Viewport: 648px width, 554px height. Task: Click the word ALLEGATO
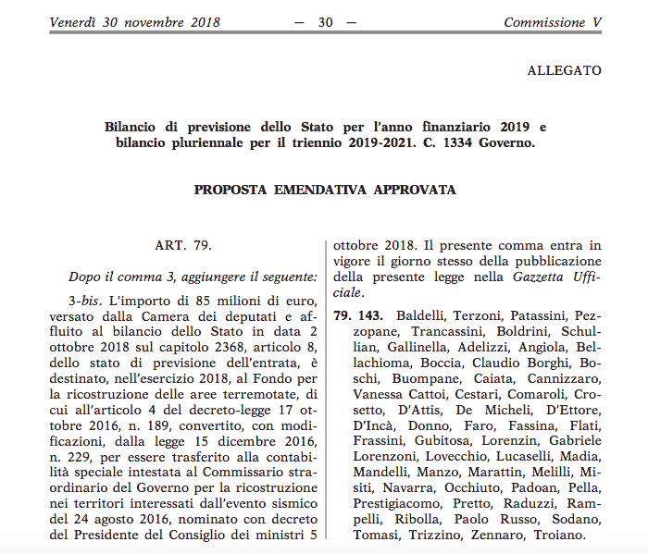click(x=564, y=70)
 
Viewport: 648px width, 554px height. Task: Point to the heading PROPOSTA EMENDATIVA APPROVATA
click(x=325, y=190)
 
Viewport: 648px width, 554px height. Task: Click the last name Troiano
click(x=560, y=536)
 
